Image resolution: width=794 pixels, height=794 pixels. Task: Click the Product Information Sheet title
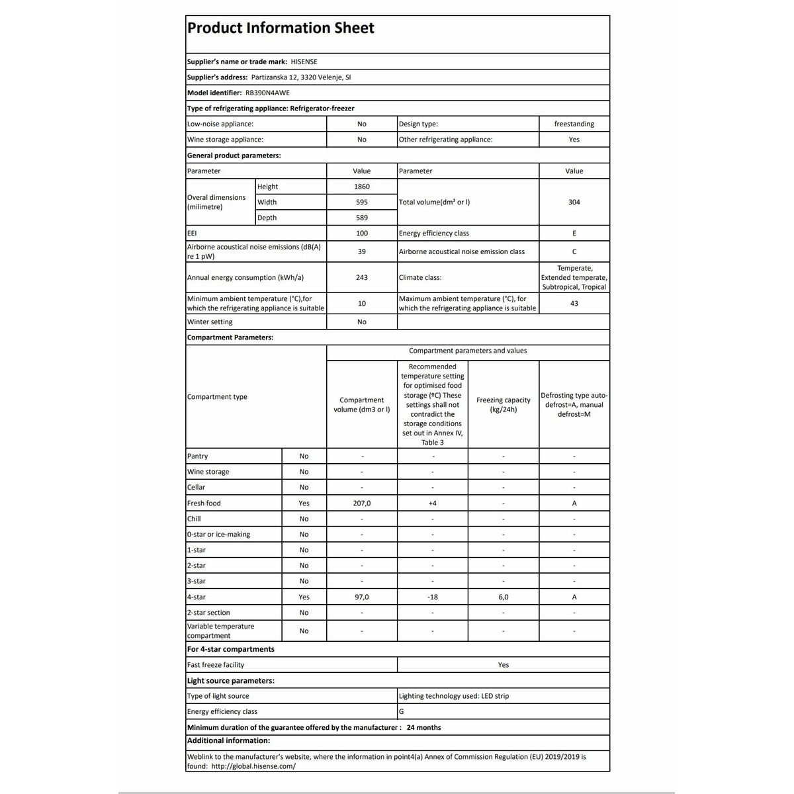281,28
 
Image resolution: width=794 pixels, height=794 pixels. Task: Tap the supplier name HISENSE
304,62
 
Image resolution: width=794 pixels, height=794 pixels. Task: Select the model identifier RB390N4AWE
267,93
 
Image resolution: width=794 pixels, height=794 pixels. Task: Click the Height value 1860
362,187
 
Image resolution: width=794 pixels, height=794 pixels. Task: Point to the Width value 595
362,202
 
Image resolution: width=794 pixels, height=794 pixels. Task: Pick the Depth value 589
362,218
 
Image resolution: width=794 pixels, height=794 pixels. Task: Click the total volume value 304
574,202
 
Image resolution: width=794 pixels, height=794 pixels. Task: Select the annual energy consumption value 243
362,278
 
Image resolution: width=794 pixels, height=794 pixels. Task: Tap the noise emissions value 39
362,251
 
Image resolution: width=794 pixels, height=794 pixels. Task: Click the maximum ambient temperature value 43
574,304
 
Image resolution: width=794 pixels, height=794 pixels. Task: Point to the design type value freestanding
574,124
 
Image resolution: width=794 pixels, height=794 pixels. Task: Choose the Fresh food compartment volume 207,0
362,504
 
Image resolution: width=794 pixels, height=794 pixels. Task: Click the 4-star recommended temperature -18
433,597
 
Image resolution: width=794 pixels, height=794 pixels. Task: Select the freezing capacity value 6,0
504,597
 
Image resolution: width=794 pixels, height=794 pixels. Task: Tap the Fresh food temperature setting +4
433,504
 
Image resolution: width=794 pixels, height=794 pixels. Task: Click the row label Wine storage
208,472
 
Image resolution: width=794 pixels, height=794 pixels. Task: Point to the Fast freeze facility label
216,665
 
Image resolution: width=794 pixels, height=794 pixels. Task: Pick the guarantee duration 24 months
423,727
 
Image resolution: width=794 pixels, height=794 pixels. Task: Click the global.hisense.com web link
253,766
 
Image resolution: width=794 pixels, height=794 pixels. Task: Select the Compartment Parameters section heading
230,337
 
